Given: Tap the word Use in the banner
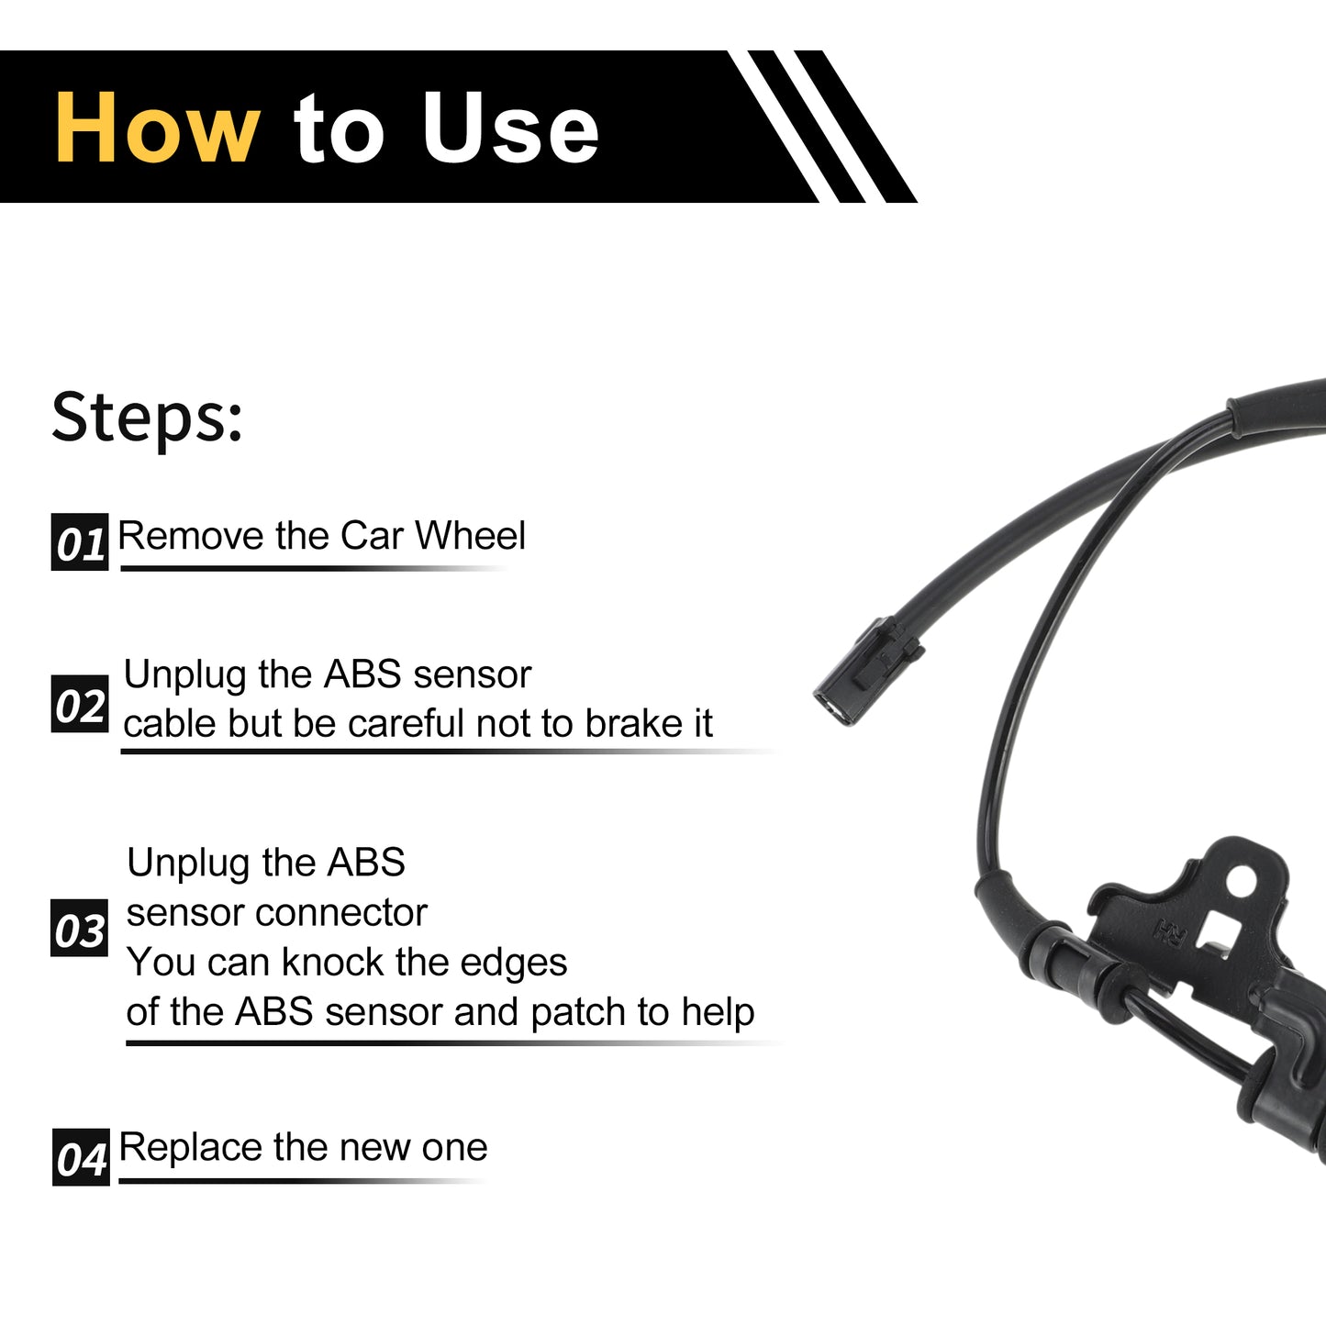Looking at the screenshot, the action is click(511, 128).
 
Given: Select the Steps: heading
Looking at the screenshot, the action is click(147, 417).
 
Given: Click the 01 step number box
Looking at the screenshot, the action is click(80, 541).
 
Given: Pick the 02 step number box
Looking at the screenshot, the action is click(80, 704).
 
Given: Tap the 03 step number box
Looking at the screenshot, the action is click(79, 928).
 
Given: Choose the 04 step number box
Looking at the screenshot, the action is click(81, 1157).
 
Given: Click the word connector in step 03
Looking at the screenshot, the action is click(341, 913).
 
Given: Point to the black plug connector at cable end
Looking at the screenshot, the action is click(868, 670).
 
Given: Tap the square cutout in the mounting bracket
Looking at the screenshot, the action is click(1220, 928).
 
